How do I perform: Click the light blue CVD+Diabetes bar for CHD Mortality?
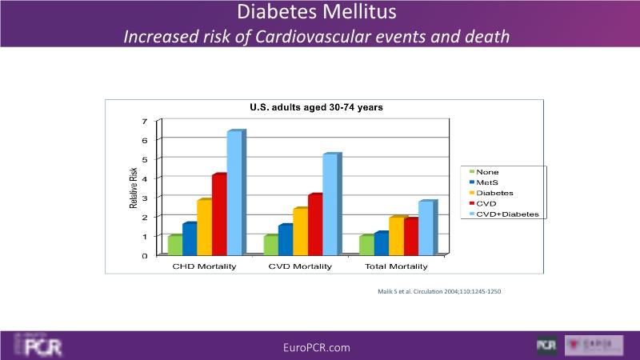tap(235, 193)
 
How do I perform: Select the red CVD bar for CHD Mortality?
tap(219, 214)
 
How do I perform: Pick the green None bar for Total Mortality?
tap(366, 244)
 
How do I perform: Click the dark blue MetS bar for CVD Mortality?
tap(285, 239)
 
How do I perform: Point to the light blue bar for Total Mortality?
tap(426, 227)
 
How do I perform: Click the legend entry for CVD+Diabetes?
tap(503, 214)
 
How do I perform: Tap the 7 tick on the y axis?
tap(145, 122)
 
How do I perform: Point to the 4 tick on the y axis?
tap(145, 178)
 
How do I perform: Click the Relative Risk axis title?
tap(134, 189)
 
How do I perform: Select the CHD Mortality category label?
tap(204, 266)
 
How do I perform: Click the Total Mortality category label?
tap(396, 266)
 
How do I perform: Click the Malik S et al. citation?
tap(438, 291)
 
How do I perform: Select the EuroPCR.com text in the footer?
tap(317, 347)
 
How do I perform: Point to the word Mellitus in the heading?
tap(357, 14)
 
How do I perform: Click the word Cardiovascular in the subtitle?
tap(310, 37)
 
